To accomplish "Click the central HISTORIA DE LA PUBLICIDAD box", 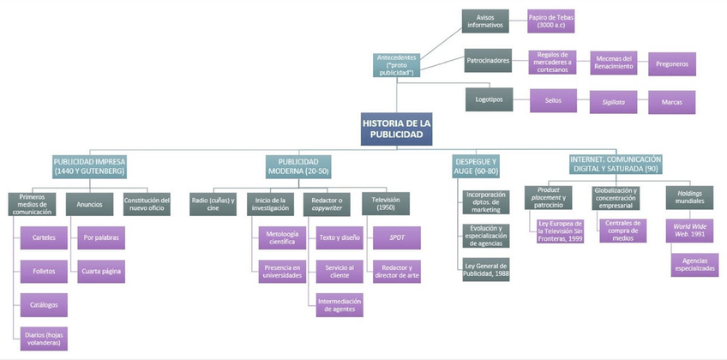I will (395, 129).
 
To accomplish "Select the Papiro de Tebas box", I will (550, 21).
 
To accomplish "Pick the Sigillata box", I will (612, 102).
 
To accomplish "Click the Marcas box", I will (671, 102).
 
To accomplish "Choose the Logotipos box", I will (490, 99).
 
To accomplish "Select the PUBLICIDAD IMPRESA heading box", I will (89, 165).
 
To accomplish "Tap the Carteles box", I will (43, 237).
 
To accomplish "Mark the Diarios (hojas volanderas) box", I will (43, 339).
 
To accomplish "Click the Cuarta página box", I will (102, 271).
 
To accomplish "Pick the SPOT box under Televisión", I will (397, 237).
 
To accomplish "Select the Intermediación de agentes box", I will (339, 304).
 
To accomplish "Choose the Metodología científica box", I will (281, 237).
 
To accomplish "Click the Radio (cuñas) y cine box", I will (212, 203).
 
